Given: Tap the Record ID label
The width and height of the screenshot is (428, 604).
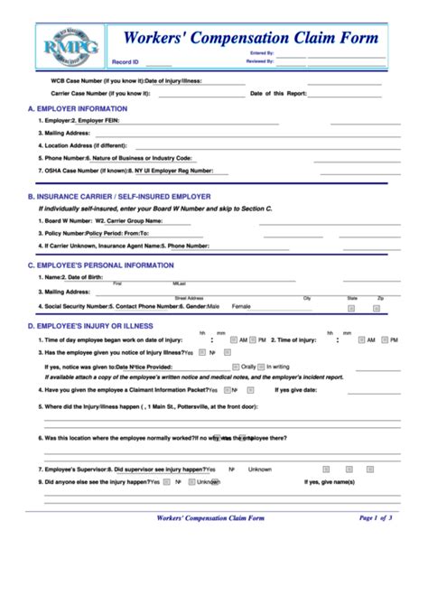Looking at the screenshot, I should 126,63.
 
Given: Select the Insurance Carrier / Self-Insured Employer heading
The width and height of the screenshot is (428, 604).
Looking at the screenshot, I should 119,196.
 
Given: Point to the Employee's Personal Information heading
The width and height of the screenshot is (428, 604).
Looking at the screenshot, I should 100,265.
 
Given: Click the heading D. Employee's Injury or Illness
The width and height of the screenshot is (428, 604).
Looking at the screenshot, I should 90,325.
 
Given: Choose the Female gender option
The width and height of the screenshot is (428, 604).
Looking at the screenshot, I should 241,306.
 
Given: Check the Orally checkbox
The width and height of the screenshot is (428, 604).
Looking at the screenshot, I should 260,367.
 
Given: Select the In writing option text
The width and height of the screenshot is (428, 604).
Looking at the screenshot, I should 302,367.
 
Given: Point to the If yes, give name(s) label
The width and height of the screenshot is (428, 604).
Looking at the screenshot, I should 330,481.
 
